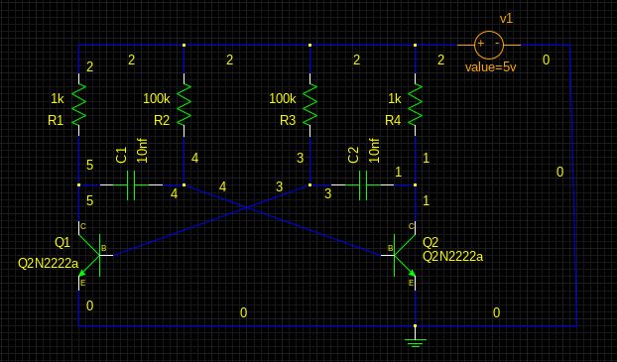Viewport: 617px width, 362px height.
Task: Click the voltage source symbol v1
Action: point(489,44)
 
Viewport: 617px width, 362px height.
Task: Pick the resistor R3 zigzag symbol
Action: point(310,102)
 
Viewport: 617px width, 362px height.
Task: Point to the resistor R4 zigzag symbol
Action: point(416,102)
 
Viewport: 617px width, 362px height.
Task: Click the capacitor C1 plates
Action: point(132,184)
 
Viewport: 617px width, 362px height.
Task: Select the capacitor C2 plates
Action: point(363,184)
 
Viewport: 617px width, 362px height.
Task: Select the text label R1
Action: point(56,120)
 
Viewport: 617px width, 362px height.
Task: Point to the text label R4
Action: point(393,120)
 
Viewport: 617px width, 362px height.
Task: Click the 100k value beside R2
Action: point(157,99)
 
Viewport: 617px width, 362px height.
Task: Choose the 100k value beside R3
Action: point(283,99)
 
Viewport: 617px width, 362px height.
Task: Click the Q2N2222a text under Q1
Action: point(48,263)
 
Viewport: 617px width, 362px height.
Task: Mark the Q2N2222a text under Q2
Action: point(452,257)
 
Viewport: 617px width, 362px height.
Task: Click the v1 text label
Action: point(506,19)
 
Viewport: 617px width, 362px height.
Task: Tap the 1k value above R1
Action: point(58,99)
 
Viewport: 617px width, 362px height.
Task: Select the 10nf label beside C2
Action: point(374,150)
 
